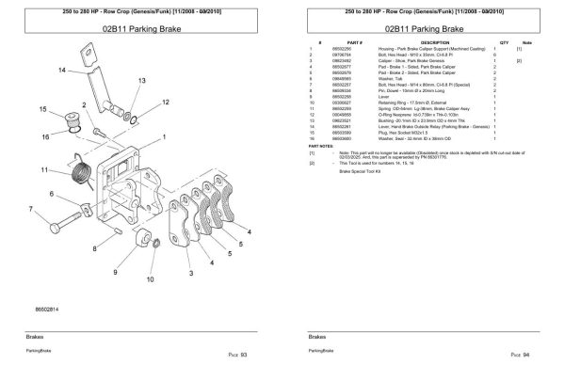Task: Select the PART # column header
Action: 356,43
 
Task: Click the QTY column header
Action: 504,43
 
